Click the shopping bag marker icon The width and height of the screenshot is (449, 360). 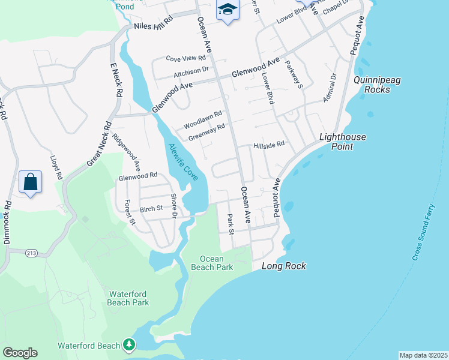pos(30,182)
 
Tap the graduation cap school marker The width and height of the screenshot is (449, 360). pos(228,10)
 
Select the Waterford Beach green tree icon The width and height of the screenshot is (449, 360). pos(128,345)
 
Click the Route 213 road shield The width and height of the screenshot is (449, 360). pos(32,254)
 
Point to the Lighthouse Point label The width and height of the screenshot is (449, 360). pos(342,141)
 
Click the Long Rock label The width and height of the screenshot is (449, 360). pos(284,266)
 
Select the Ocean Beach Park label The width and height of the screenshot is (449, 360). pos(212,263)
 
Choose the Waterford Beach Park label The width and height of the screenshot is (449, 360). pos(128,298)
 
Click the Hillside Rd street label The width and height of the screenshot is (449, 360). pos(268,145)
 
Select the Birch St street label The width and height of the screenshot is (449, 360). pos(151,209)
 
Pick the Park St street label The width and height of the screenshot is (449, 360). pos(230,221)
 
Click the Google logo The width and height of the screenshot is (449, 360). pos(20,353)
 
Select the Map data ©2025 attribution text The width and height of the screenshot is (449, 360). pos(423,355)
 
